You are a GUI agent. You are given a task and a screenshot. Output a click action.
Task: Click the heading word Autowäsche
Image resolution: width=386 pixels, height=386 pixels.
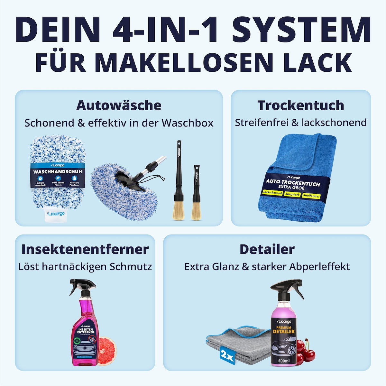click(119, 105)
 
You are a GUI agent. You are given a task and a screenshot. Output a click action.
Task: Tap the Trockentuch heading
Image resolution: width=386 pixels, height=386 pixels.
click(301, 105)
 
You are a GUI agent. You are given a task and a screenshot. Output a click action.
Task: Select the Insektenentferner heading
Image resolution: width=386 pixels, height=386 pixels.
click(85, 249)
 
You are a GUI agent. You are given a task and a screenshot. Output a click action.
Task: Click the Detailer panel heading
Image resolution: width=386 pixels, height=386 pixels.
click(267, 249)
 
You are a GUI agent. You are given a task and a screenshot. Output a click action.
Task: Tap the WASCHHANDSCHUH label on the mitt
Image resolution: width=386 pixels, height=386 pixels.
click(58, 172)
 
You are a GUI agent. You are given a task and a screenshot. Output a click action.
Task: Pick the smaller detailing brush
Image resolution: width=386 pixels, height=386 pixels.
click(196, 193)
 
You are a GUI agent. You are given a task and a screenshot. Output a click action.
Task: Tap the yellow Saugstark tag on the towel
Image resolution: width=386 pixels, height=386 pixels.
click(292, 195)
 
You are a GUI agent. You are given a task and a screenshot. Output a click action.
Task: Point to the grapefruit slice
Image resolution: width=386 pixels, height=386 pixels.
click(107, 351)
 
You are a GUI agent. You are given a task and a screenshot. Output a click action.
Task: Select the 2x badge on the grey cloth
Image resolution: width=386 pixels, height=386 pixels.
click(227, 356)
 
